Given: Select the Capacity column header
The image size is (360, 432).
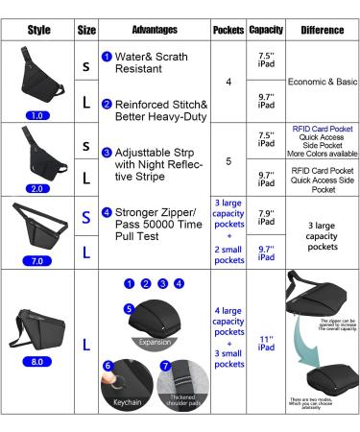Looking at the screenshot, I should coord(265,30).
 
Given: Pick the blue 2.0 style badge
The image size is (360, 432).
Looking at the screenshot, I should coord(38,189).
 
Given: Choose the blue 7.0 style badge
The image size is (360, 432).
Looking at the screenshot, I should coord(38,259).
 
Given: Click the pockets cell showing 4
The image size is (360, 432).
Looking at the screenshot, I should coord(228,83).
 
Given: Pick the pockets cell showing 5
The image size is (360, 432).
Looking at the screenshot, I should coord(228,161).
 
